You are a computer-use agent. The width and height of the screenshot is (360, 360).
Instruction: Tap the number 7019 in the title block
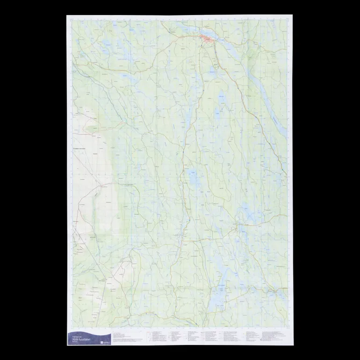point(76,338)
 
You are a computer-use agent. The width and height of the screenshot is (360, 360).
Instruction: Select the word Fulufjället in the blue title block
point(87,338)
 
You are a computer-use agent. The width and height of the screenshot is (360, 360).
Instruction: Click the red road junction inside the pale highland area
point(99,186)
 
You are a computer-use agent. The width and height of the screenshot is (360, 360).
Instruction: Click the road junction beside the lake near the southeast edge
point(239,225)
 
